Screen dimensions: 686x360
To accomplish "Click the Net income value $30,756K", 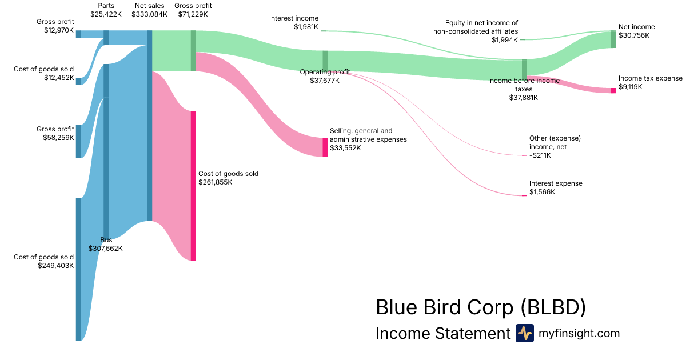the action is pos(634,35).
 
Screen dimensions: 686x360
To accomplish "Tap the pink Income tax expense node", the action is pos(613,90).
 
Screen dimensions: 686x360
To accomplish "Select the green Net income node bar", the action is pos(613,39).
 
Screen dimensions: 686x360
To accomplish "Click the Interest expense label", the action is pos(556,183).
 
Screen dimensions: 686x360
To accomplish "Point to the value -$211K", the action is pos(541,155).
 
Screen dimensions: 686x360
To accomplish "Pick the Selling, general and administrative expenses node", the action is pos(325,147).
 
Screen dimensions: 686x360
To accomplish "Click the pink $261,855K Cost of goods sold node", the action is pos(193,186).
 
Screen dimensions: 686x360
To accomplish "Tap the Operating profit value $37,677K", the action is pos(324,81).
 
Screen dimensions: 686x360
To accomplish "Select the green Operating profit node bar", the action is pos(325,59).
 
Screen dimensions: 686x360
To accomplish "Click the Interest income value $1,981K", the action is pos(306,27).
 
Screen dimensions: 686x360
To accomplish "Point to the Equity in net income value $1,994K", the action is pos(504,40).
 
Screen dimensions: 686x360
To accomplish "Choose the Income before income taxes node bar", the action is pos(524,67).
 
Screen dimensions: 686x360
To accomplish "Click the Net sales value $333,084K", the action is pos(149,14).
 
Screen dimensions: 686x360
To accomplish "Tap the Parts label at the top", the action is pos(106,6).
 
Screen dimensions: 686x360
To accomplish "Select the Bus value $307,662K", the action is pos(106,249).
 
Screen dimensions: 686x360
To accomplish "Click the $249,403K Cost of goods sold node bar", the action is pos(78,269).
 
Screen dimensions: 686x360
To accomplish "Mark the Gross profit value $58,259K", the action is pos(58,138).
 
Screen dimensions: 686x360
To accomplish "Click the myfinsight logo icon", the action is pos(524,333).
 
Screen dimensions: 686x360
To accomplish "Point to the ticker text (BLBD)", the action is pos(553,307).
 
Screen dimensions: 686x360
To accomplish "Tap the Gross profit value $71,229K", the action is pos(193,14).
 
